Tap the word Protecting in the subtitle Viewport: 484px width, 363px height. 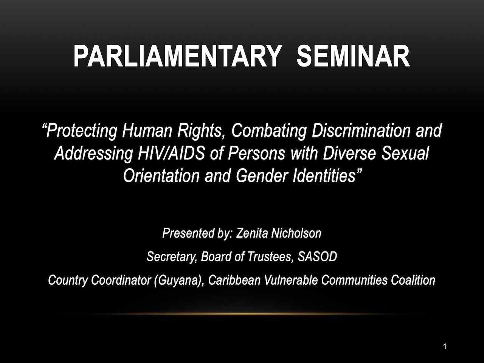tap(81, 131)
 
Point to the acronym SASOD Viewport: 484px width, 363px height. tap(317, 257)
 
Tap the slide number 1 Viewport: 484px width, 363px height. tap(445, 346)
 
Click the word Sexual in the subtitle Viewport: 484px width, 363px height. tap(405, 154)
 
